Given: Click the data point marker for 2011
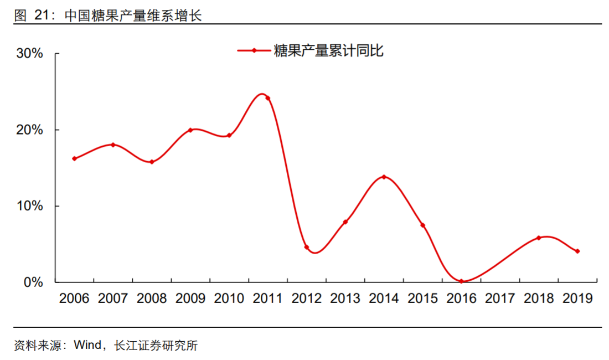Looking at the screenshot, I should [268, 98].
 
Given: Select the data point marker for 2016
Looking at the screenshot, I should [461, 281].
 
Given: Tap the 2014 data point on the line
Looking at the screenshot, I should [384, 177].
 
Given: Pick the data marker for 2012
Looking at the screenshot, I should [307, 247].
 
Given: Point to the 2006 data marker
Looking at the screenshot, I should [74, 158].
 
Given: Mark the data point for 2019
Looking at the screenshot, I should [577, 251].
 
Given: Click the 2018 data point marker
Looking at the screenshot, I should [539, 238].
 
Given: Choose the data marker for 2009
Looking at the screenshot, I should [190, 130].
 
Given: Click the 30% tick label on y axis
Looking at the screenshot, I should [30, 54].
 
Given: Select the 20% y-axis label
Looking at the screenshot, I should [30, 130].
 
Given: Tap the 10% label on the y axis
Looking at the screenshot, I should [30, 206].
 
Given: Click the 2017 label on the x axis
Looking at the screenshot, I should [500, 299].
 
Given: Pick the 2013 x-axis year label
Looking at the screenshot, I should [345, 299].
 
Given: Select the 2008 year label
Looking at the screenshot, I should [152, 299].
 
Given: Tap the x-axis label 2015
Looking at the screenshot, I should [422, 299].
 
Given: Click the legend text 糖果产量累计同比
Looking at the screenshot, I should [328, 51].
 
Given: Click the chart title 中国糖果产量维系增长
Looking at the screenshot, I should [133, 15].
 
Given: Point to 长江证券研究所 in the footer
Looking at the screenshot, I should [156, 346].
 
